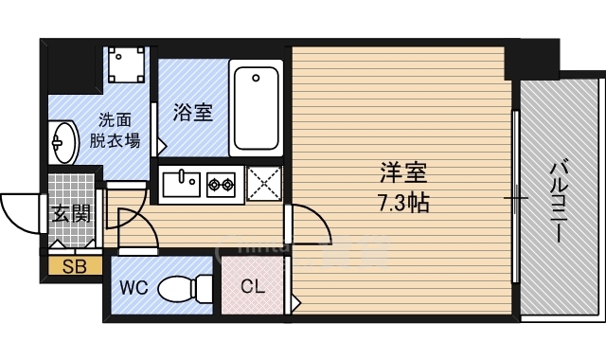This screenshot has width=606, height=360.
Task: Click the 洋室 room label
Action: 404,173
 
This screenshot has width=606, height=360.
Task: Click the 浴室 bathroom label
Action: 192,113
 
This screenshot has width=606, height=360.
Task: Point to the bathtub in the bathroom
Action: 257,107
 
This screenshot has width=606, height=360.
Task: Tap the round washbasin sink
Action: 62,143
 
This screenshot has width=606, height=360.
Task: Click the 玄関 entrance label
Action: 71,213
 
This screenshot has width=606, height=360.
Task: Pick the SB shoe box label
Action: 75,267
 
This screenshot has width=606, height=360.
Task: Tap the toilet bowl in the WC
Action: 184,286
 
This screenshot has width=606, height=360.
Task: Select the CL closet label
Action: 253,286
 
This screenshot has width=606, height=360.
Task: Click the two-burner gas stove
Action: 222,183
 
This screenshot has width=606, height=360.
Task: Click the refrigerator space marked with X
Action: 264,183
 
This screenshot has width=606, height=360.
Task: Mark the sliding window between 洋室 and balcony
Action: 516,199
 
